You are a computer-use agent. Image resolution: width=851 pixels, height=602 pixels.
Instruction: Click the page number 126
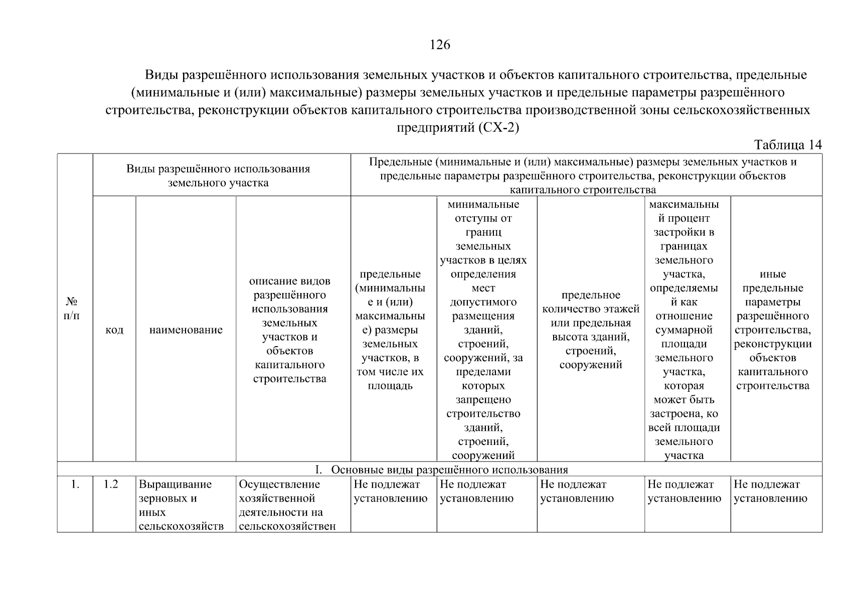pyautogui.click(x=440, y=45)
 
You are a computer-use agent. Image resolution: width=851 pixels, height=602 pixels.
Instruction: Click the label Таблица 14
pyautogui.click(x=788, y=145)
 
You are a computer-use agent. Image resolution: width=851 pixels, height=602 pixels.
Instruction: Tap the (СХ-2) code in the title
pyautogui.click(x=499, y=127)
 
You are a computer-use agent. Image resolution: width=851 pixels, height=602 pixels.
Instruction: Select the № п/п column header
pyautogui.click(x=72, y=309)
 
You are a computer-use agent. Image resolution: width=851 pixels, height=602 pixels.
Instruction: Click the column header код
pyautogui.click(x=114, y=330)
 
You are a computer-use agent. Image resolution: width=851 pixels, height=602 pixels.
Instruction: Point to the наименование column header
pyautogui.click(x=186, y=330)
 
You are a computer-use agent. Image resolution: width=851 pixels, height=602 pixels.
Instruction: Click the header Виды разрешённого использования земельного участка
pyautogui.click(x=218, y=176)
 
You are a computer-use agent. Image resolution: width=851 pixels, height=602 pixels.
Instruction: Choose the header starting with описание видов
pyautogui.click(x=290, y=330)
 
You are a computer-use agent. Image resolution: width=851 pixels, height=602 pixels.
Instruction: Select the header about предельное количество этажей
pyautogui.click(x=591, y=330)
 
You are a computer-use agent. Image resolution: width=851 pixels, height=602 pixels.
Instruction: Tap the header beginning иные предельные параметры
pyautogui.click(x=773, y=330)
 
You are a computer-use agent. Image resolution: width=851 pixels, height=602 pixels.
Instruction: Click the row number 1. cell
pyautogui.click(x=75, y=485)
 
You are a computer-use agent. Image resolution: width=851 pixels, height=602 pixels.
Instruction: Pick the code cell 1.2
pyautogui.click(x=111, y=485)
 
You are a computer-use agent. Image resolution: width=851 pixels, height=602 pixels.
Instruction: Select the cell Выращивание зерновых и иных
pyautogui.click(x=181, y=505)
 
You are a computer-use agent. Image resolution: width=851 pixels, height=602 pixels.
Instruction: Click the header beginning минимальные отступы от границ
pyautogui.click(x=483, y=330)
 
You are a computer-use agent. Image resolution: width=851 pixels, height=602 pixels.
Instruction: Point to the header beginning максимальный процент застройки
pyautogui.click(x=684, y=330)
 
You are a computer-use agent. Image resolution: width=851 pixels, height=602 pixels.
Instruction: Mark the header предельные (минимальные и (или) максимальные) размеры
pyautogui.click(x=390, y=330)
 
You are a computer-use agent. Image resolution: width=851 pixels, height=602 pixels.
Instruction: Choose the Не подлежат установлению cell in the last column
pyautogui.click(x=771, y=492)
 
